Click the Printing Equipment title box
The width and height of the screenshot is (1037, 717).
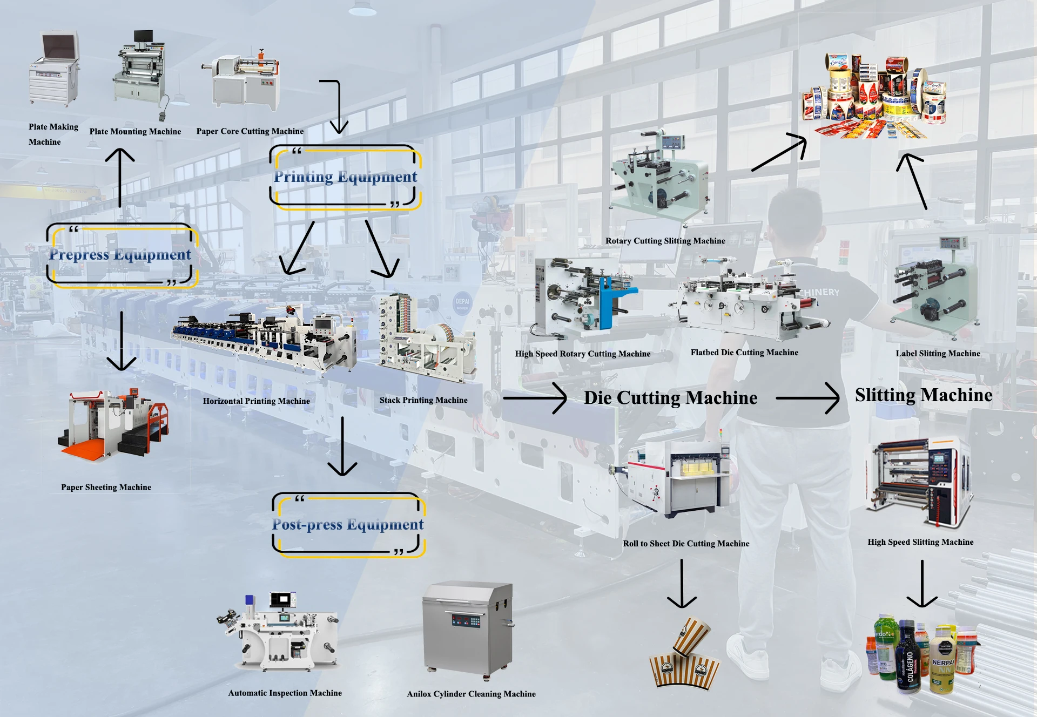coord(345,177)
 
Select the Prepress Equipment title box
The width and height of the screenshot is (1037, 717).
coord(121,255)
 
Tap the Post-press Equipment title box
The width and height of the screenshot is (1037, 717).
coord(348,525)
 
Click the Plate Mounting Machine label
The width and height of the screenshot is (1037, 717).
coord(135,131)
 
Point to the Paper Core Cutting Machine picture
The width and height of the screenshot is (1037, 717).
coord(246,81)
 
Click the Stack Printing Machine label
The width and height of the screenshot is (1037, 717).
coord(423,400)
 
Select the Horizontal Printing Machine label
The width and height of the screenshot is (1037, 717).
coord(257,401)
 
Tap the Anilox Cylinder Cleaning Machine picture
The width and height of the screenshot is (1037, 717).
coord(468,629)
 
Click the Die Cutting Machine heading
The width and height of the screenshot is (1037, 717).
coord(670,398)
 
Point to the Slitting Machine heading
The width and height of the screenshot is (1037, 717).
coord(924,395)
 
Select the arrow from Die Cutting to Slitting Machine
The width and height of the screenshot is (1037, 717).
coord(807,398)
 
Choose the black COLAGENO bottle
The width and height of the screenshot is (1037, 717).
coord(908,659)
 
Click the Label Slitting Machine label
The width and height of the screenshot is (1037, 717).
coord(938,354)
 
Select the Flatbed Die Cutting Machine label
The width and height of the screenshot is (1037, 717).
coord(744,353)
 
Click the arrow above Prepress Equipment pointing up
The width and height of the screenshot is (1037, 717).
coord(120,178)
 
